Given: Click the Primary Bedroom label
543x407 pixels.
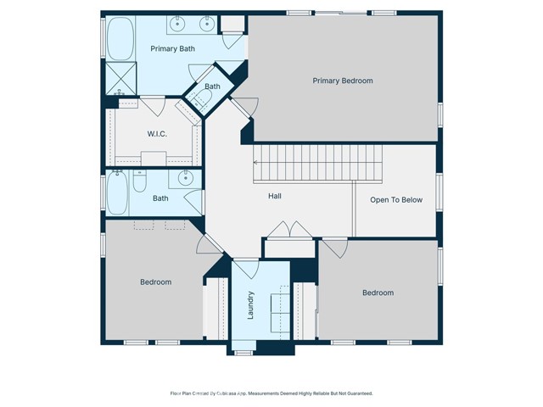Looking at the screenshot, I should (342, 81).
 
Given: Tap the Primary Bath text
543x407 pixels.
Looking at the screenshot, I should (172, 49).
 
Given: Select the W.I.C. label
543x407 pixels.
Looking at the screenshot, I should (156, 133).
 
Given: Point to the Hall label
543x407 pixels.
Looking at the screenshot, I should (275, 197).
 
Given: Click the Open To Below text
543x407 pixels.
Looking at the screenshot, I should (395, 200).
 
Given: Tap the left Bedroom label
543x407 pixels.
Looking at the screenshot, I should (155, 282).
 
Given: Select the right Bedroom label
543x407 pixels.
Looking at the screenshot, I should (378, 293).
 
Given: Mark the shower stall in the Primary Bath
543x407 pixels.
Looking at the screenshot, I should (119, 79).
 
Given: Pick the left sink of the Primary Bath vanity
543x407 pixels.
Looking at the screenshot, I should (181, 23).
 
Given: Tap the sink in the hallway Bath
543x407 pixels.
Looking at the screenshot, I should (184, 179).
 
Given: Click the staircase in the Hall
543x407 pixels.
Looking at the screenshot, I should (317, 162).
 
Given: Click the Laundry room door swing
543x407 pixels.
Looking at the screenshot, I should (247, 268).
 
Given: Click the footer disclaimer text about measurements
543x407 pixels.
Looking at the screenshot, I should (271, 393).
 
